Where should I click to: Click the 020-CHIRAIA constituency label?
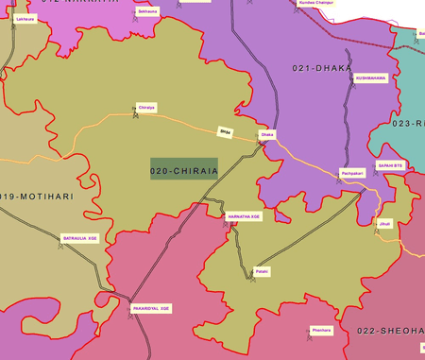[x=184, y=170]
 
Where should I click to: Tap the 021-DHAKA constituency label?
[x=322, y=69]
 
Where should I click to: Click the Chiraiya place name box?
[x=145, y=107]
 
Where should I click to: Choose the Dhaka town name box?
[x=267, y=134]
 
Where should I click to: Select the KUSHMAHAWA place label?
[x=370, y=78]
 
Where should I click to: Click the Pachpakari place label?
[x=351, y=173]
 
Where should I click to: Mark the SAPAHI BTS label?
[x=391, y=165]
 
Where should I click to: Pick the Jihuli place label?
[x=383, y=223]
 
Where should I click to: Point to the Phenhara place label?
[x=320, y=329]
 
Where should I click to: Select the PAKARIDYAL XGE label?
[x=151, y=308]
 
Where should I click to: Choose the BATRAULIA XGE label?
[x=79, y=238]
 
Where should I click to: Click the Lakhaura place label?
[x=25, y=19]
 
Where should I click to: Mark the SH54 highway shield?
[x=224, y=131]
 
